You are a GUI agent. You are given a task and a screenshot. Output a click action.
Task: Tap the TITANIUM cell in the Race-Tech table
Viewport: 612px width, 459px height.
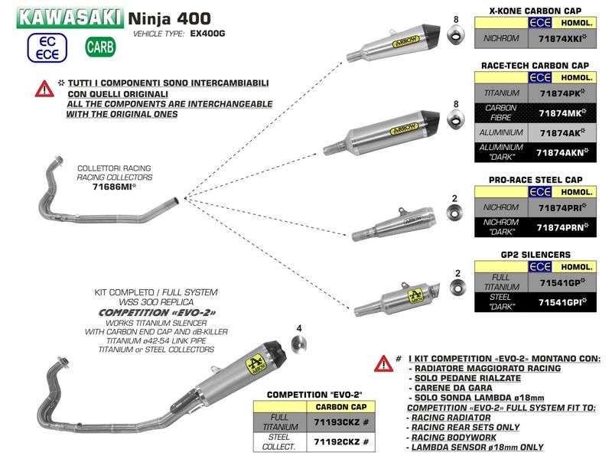point(502,93)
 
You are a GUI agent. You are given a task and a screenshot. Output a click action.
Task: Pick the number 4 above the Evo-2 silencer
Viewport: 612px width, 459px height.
point(299,328)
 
